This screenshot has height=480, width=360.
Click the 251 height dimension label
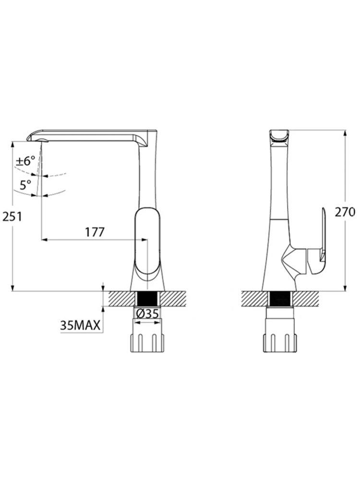[12, 217]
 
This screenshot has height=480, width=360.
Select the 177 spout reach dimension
[95, 232]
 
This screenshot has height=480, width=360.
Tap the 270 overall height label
[344, 212]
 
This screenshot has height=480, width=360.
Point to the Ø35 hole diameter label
[147, 314]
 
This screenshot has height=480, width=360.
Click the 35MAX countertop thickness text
[80, 325]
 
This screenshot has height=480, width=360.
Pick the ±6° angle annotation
[26, 161]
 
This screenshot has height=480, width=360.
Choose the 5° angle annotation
[25, 185]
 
